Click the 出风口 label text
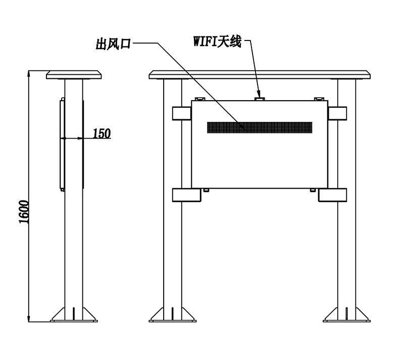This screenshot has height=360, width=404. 113,44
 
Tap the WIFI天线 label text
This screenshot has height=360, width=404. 217,41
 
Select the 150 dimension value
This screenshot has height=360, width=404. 102,133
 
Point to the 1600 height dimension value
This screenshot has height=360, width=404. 24,211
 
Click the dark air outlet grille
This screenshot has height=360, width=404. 260,127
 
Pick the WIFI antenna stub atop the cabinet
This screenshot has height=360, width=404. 260,99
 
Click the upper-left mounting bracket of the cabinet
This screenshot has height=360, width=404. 182,113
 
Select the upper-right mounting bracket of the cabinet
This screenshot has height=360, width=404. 337,113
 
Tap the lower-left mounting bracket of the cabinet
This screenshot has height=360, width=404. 186,195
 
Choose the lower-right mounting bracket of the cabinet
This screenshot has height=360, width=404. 332,195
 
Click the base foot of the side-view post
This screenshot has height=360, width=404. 74,314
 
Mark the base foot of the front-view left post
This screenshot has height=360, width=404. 173,314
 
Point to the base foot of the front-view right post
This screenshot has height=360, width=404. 347,314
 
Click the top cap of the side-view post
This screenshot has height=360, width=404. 74,74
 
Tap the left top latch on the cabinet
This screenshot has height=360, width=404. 199,99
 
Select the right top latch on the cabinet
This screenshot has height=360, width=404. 319,99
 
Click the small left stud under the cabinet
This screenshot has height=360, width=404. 206,190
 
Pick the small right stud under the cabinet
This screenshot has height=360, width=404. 313,190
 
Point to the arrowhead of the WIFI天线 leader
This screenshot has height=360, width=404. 259,94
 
